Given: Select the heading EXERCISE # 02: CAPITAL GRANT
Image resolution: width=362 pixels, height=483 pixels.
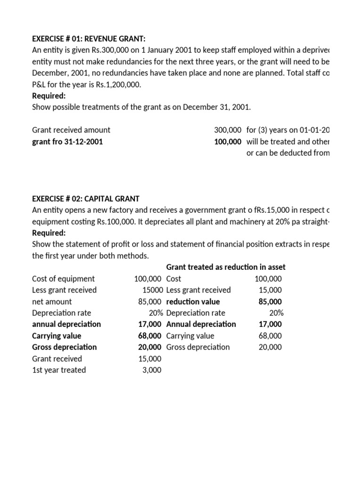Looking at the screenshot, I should click(85, 199).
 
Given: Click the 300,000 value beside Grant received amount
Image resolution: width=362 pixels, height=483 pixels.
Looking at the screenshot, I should click(228, 130).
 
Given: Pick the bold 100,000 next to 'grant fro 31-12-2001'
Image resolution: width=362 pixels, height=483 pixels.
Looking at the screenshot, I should click(228, 141).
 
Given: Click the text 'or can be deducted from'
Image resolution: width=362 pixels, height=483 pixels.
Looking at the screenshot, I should click(288, 152).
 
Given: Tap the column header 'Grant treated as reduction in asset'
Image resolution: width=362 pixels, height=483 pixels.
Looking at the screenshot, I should click(226, 267).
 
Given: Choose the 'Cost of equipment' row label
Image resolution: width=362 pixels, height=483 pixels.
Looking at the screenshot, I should click(63, 279).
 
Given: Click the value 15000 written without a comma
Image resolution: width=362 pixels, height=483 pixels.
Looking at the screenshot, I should click(152, 290).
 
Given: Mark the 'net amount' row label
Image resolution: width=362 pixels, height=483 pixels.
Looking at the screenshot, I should click(52, 301).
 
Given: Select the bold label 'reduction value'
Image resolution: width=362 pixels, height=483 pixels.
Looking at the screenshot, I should click(193, 301).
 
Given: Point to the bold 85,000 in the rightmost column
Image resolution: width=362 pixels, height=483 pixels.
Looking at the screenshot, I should click(270, 301).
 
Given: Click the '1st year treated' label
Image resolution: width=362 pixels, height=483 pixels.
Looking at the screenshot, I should click(59, 370).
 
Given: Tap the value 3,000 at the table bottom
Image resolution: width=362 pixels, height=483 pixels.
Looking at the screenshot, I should click(151, 370).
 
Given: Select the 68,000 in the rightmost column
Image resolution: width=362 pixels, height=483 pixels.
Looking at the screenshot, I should click(271, 335).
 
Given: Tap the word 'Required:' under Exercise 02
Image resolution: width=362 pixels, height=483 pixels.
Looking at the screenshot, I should click(49, 233).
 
